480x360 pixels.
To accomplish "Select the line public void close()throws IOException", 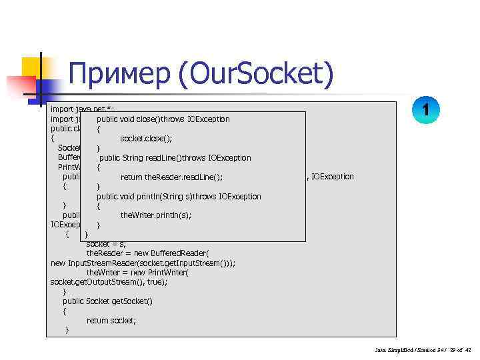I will [163, 119].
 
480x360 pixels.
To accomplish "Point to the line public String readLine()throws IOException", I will [175, 158].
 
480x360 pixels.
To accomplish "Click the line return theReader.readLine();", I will [171, 177].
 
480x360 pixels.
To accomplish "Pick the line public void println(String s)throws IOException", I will [179, 197].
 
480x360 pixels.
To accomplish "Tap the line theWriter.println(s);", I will [155, 215].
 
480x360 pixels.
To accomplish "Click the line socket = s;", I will [106, 244].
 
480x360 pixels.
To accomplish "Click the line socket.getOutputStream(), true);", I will [109, 282].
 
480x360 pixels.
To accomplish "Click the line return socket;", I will [111, 321].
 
